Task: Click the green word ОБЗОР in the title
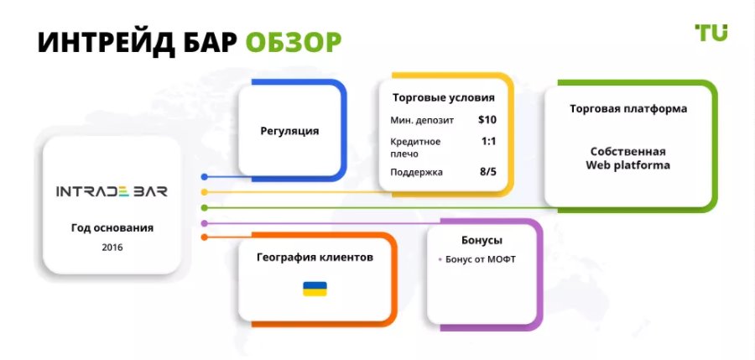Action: coord(294,43)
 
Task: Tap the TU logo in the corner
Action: coord(711,33)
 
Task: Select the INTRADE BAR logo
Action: coord(112,191)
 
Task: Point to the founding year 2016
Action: coord(112,248)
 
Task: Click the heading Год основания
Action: coord(112,228)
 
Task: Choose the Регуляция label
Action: coord(290,131)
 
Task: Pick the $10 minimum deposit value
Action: coord(487,119)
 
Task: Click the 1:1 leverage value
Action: coord(488,142)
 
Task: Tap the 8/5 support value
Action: coord(487,171)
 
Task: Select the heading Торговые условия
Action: coord(444,98)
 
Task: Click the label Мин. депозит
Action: coord(422,121)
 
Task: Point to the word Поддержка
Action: coord(416,172)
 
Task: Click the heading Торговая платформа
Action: coord(628,109)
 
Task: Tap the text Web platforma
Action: coord(627,165)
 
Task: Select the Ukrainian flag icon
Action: coord(315,289)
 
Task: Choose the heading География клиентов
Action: coord(315,258)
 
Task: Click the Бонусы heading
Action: coord(482,240)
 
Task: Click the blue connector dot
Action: coord(204,177)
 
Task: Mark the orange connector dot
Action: coord(204,237)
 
